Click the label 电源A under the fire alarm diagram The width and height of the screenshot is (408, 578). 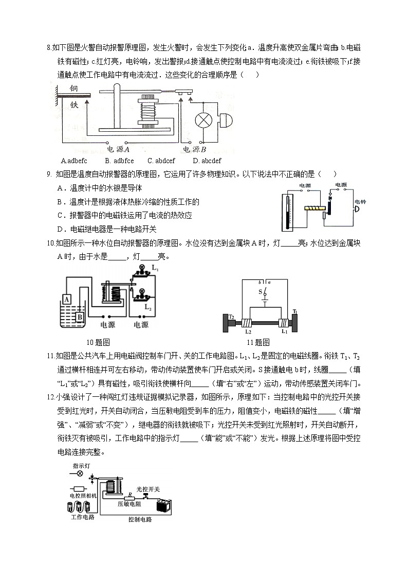coord(118,149)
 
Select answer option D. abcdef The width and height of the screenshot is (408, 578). coord(207,161)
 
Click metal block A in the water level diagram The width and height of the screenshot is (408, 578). coord(67,299)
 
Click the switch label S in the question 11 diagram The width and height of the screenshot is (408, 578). coord(260,292)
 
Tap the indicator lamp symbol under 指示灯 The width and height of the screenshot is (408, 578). coord(80,474)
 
